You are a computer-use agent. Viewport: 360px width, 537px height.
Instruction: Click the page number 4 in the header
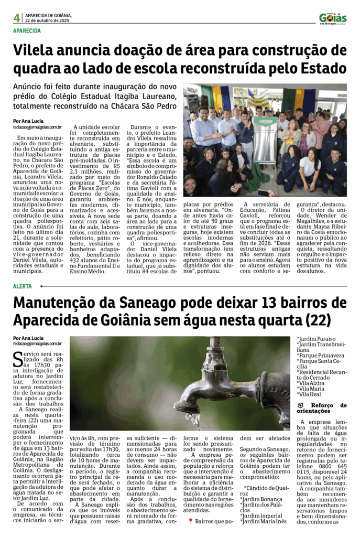[17, 18]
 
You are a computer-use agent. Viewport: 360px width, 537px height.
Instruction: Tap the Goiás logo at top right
[333, 18]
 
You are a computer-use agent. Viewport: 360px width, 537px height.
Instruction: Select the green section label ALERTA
[23, 286]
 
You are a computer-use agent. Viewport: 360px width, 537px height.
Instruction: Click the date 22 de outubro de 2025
[48, 20]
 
